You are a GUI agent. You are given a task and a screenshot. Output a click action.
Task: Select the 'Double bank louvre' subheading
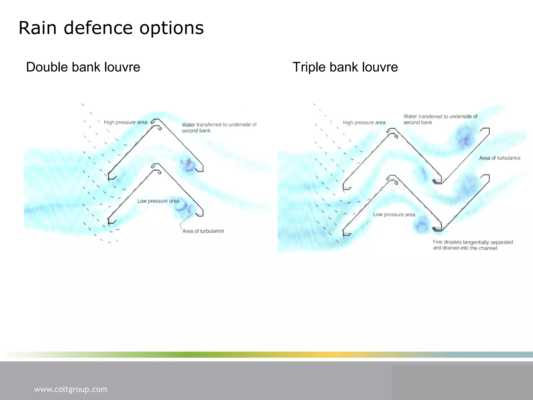coord(83,67)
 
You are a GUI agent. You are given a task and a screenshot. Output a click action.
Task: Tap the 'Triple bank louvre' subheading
coord(345,67)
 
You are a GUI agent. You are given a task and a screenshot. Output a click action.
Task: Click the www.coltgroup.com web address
coord(71,389)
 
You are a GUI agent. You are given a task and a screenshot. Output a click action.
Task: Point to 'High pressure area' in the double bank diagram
coord(125,122)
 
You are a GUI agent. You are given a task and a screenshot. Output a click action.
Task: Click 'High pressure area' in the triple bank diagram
coord(364,122)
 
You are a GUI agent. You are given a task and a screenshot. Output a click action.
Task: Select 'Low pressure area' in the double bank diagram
coord(158,201)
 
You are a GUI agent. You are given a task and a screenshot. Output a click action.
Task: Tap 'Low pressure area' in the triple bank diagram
coord(394,214)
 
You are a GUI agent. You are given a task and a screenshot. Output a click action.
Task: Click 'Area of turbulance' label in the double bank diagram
coord(203,231)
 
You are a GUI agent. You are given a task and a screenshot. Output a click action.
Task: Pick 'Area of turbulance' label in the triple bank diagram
coord(500,158)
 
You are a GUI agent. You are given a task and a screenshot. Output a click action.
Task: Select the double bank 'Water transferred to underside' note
coord(219,128)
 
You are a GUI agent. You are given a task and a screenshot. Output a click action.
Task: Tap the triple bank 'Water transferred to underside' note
coord(440,119)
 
